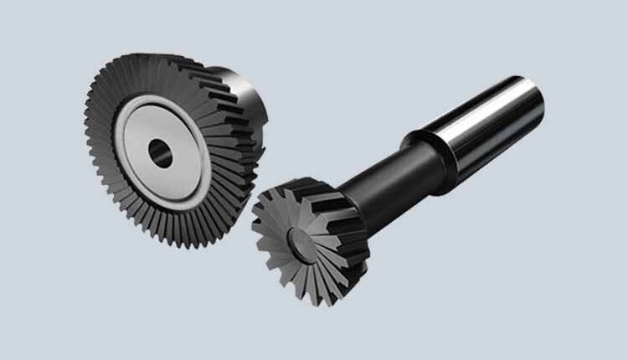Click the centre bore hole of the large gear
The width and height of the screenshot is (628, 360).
coord(159,152)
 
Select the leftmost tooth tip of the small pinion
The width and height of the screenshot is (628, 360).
coord(254,224)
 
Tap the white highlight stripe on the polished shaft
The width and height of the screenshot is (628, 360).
coord(494,113)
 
